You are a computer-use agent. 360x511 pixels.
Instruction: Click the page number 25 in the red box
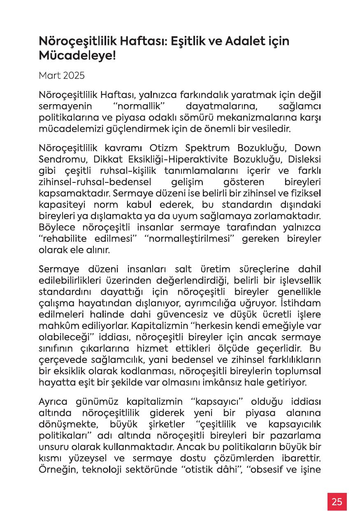(x=337, y=502)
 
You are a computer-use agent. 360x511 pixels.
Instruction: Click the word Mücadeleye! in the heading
(x=77, y=56)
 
